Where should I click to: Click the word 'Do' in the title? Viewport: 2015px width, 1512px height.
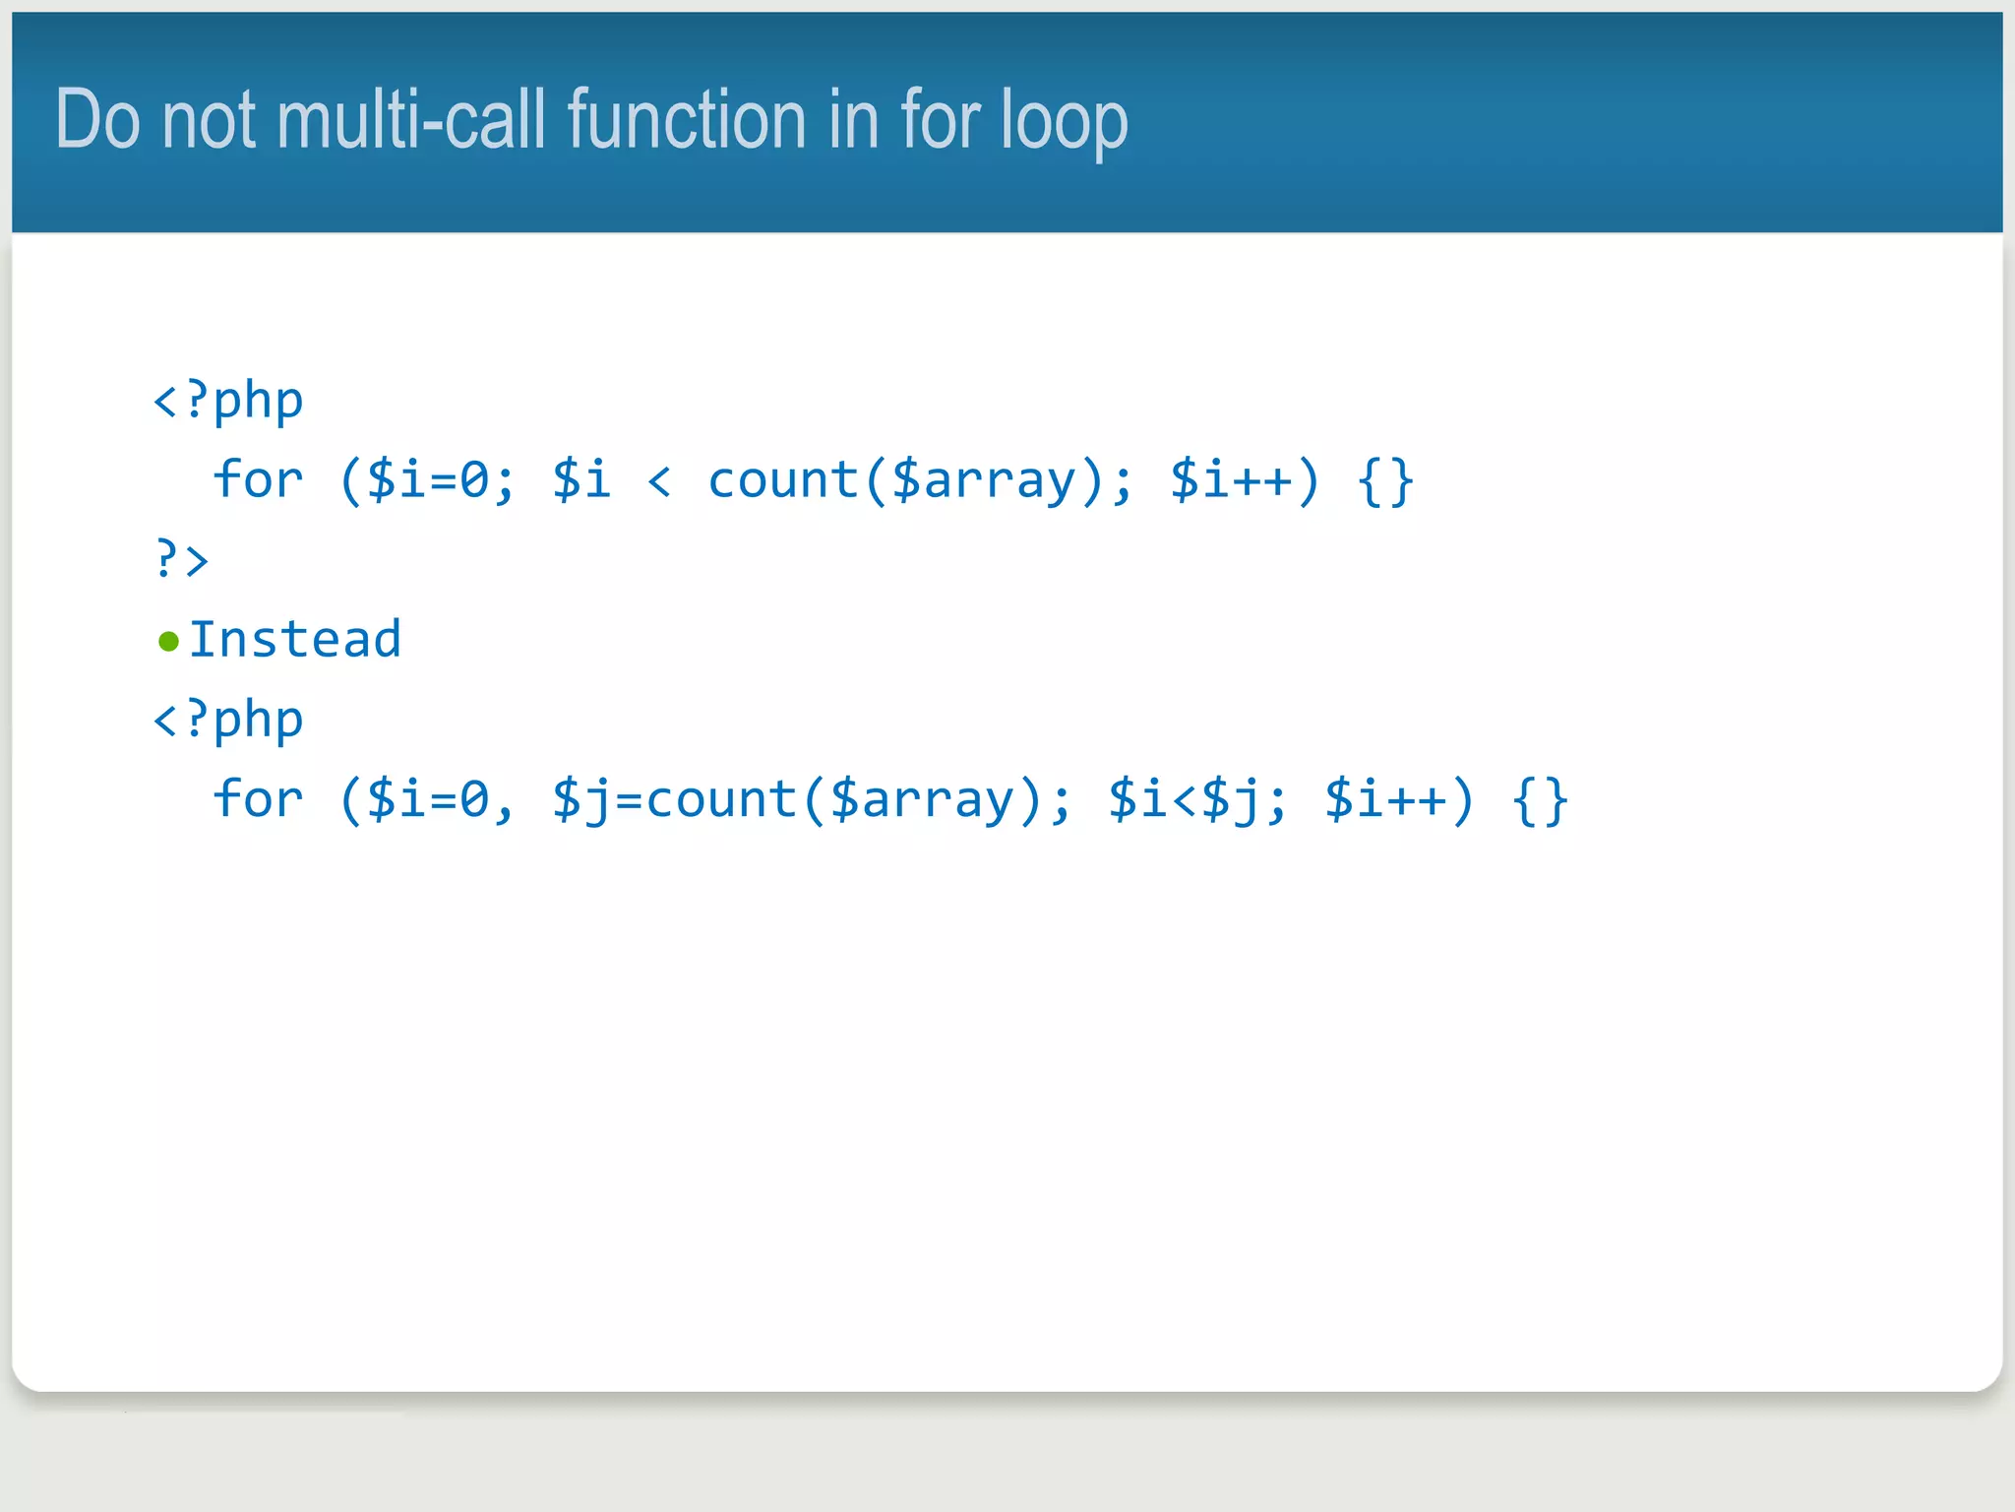(97, 120)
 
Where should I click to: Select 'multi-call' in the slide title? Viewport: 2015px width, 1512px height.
(410, 120)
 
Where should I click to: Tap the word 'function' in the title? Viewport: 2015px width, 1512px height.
(687, 120)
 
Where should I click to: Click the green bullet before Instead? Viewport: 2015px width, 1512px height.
(168, 642)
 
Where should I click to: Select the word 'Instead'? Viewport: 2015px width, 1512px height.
(295, 640)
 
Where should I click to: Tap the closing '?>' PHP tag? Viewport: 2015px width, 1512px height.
(182, 560)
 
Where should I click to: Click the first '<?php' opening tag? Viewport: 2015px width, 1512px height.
(228, 401)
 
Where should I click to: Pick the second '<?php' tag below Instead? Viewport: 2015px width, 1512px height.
(228, 720)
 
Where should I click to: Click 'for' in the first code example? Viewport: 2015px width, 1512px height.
(258, 480)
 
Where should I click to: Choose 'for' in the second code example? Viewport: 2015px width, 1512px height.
(258, 799)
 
